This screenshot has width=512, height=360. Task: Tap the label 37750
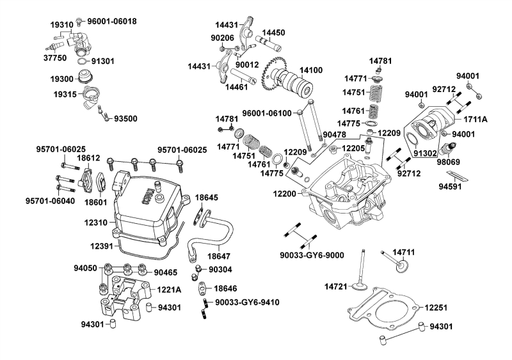[x=55, y=57]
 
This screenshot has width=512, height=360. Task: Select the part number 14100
[x=312, y=69]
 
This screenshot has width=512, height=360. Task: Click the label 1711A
[x=476, y=119]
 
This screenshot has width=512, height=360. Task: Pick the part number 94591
[x=452, y=187]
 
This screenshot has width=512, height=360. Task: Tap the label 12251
[x=437, y=308]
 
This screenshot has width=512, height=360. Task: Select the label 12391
[x=102, y=245]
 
